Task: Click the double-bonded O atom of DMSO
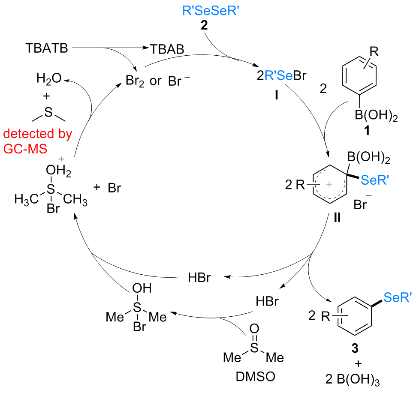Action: [254, 329]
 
